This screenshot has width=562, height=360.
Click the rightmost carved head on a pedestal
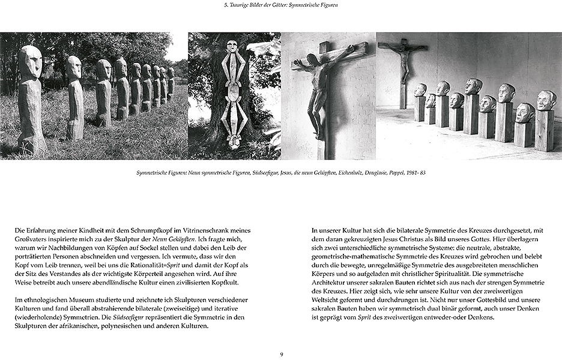(546, 100)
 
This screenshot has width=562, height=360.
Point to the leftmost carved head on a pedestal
(420, 90)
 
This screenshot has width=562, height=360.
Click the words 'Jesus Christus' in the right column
(381, 239)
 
